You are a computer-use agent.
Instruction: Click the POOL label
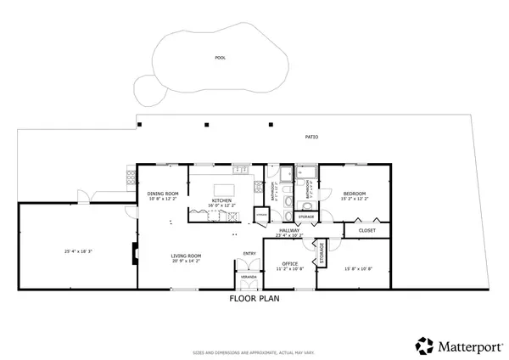click(x=221, y=58)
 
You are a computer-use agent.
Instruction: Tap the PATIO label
click(x=312, y=137)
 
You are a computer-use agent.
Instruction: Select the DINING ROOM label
click(x=163, y=194)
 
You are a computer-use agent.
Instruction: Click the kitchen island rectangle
click(x=224, y=189)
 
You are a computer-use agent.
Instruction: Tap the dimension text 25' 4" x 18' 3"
click(x=78, y=251)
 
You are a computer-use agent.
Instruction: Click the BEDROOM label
click(x=354, y=194)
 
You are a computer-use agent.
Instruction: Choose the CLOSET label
click(x=366, y=230)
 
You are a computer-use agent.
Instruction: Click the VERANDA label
click(x=249, y=277)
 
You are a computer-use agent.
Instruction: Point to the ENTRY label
click(x=249, y=253)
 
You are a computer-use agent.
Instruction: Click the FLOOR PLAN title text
click(x=255, y=299)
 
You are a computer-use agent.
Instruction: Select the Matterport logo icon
click(x=424, y=345)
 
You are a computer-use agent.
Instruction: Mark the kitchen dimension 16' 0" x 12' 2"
click(x=221, y=206)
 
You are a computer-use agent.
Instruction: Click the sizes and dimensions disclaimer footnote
click(x=255, y=351)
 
